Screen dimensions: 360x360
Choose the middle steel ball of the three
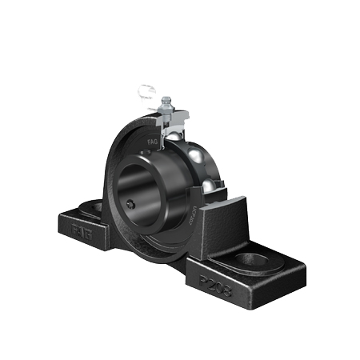pos(196,155)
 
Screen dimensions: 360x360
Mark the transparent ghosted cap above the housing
pos(144,94)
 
